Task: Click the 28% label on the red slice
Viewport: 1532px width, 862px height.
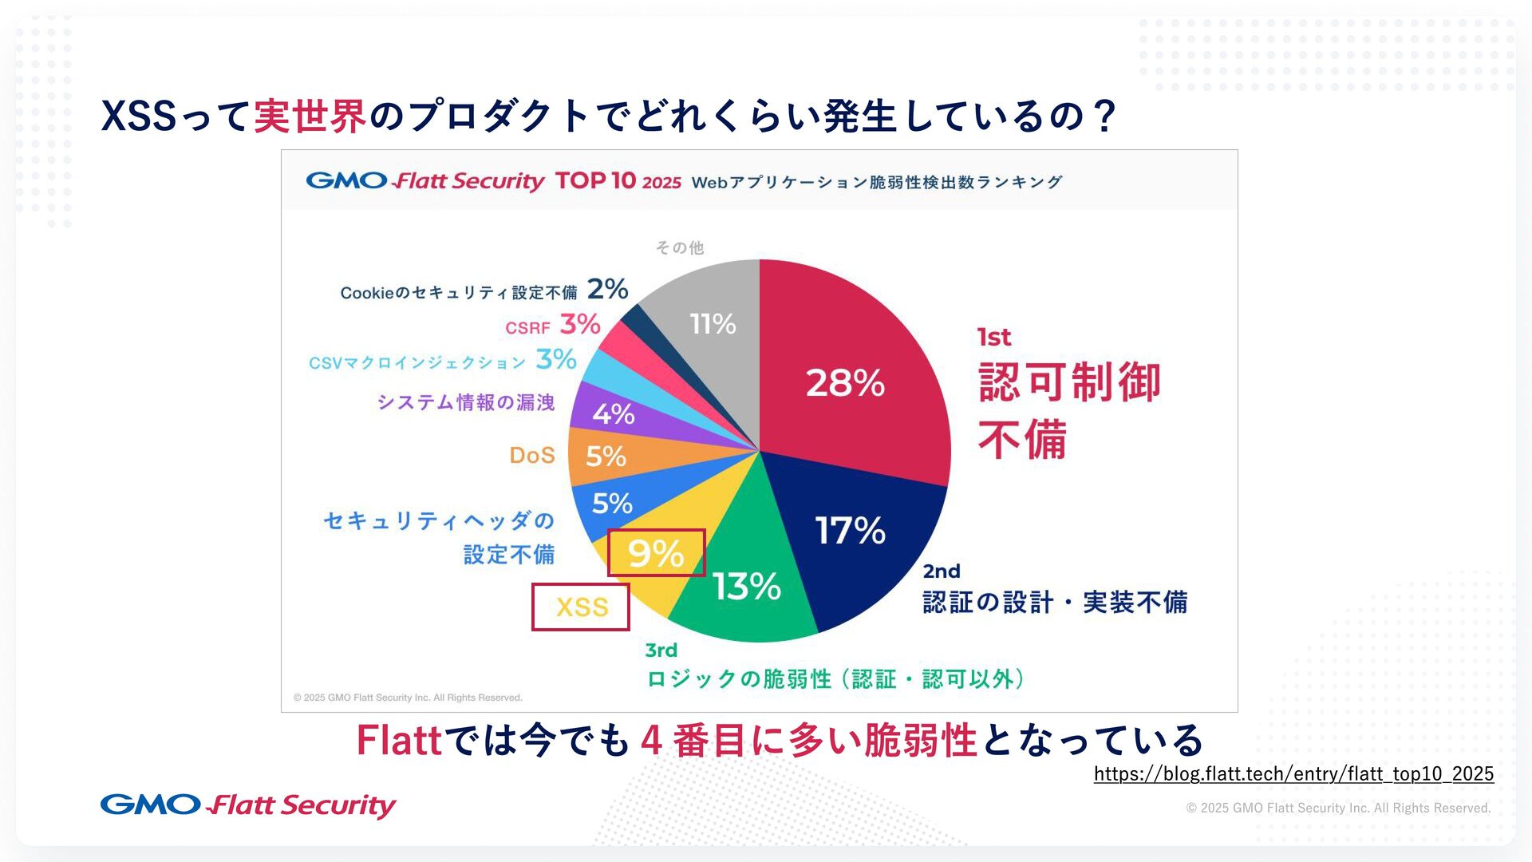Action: coord(845,383)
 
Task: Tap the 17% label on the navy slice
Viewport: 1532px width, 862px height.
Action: coord(850,531)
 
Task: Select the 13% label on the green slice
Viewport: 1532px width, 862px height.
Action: coord(747,587)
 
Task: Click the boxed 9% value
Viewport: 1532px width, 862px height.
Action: coord(656,552)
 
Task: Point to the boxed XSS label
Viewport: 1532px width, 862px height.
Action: coord(582,607)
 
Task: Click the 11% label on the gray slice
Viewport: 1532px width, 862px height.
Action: coord(713,324)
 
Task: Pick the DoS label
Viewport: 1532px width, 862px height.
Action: coord(532,456)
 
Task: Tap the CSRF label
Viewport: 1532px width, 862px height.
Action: coord(527,328)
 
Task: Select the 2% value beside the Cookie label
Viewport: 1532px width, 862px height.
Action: coord(607,289)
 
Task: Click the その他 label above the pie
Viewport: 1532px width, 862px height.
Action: coord(680,248)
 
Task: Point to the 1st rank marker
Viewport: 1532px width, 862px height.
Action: coord(994,338)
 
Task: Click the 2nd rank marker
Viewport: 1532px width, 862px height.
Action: coord(942,571)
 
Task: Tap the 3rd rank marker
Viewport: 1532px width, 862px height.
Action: coord(661,650)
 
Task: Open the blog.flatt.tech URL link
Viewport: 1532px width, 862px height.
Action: coord(1293,773)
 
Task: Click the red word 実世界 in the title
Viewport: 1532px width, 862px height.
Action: coord(310,117)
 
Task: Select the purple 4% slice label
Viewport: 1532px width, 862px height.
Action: coord(613,414)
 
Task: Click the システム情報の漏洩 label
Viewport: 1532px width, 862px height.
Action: coord(466,402)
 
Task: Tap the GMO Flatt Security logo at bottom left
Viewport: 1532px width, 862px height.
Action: coord(248,805)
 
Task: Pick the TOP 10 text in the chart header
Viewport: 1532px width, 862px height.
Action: coord(595,181)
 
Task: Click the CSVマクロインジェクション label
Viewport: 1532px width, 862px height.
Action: coord(417,363)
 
